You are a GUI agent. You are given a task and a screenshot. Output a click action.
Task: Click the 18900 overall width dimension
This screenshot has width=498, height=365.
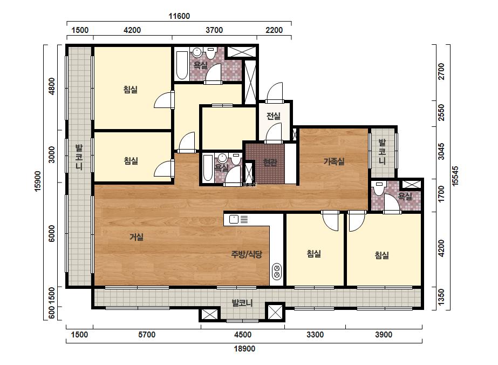point(244,349)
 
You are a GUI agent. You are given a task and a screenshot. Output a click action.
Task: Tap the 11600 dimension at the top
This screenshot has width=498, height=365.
point(179,16)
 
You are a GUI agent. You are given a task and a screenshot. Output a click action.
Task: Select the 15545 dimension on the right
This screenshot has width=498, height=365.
point(455,176)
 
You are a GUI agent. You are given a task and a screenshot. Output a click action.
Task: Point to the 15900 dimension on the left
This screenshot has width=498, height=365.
point(38,181)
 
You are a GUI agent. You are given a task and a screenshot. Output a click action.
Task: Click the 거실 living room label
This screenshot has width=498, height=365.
point(137,237)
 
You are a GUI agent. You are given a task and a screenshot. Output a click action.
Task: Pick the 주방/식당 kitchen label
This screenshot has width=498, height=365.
point(247,254)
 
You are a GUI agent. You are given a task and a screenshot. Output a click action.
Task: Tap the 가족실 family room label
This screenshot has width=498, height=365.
point(334,161)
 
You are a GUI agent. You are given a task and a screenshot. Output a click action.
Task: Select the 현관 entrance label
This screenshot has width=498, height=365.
point(270,163)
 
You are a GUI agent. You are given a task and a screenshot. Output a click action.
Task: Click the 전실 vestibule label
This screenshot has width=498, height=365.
point(274,116)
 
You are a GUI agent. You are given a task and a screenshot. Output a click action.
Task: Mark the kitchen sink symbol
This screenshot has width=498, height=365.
point(234,219)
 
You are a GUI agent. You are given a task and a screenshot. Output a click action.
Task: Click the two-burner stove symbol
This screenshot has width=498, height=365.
point(277,271)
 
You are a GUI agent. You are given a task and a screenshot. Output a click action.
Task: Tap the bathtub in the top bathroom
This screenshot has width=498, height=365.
point(182,65)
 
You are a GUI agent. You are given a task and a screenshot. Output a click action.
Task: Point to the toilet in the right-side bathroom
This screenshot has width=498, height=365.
point(378,188)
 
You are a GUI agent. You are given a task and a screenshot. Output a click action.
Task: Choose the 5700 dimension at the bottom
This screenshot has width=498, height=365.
point(147,334)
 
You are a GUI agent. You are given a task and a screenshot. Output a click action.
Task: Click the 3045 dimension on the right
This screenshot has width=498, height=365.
point(441,151)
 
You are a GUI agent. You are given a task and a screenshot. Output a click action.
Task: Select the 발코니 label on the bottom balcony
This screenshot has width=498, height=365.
point(242,303)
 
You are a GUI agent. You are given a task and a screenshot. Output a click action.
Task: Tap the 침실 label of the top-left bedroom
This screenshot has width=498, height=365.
point(131,89)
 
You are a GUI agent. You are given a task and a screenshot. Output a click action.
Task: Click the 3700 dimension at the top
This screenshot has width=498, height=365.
point(214,30)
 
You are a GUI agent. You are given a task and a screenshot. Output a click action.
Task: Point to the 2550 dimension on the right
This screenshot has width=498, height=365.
point(441,112)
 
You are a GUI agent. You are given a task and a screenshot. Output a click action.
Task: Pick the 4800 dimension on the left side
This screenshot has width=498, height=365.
point(51,86)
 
